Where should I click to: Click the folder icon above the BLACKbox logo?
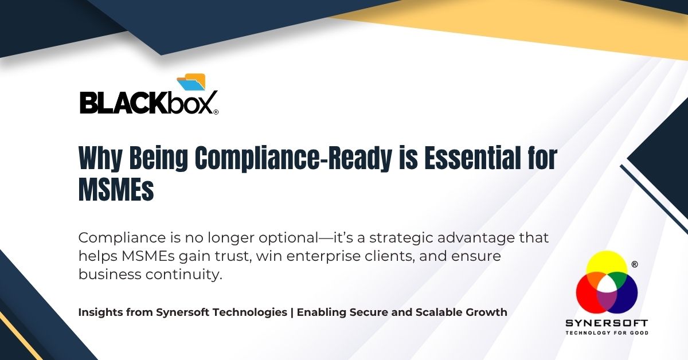point(191,82)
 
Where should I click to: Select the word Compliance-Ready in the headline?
point(294,158)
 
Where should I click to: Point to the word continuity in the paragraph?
point(183,275)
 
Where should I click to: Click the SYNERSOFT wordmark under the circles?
point(607,323)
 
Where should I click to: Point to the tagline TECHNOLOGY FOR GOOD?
point(607,332)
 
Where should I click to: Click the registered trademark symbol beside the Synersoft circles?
point(635,264)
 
